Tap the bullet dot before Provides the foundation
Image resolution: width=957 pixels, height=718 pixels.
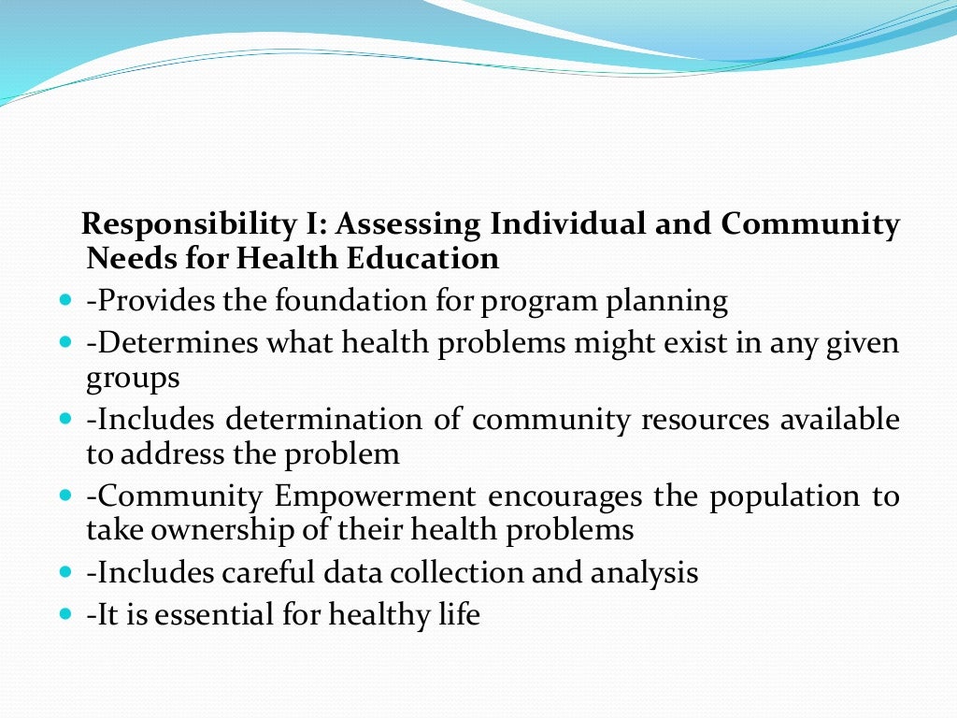click(x=64, y=303)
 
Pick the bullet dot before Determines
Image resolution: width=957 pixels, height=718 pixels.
click(x=64, y=344)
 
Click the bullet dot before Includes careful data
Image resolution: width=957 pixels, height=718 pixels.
click(x=64, y=573)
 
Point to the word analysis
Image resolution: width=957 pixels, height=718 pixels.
click(x=644, y=572)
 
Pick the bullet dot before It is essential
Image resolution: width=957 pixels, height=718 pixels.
click(x=64, y=616)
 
